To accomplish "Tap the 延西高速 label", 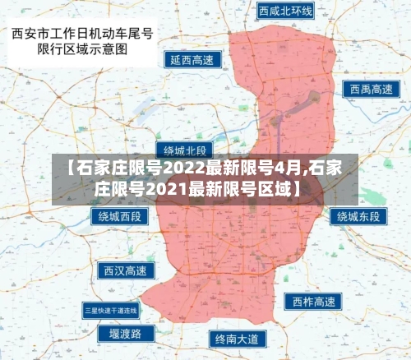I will click(192, 60).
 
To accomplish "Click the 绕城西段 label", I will click(120, 217).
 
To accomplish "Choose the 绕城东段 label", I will click(359, 217).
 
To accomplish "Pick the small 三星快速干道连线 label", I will click(112, 310).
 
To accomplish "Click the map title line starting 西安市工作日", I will click(82, 35).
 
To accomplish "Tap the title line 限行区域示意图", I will click(82, 50).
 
